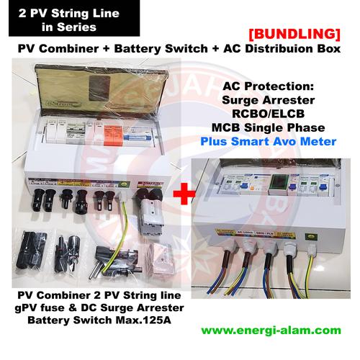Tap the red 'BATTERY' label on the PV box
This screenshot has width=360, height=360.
pyautogui.click(x=150, y=185)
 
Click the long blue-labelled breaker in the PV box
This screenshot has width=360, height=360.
pyautogui.click(x=152, y=137)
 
